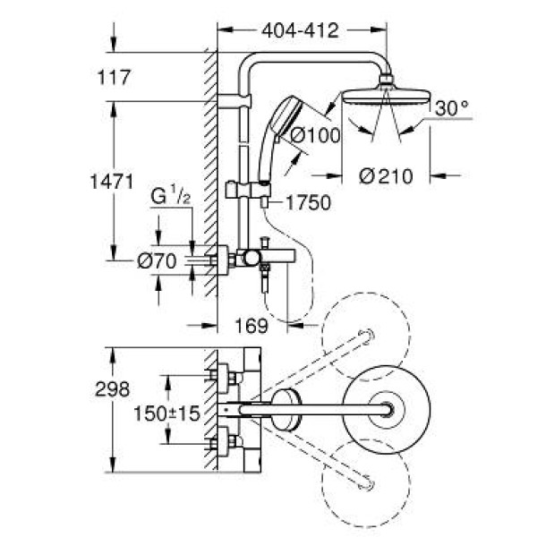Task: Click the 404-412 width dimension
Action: (x=301, y=32)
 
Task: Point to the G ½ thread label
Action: (x=170, y=220)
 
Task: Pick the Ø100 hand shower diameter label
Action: (x=312, y=136)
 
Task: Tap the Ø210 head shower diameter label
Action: (x=385, y=176)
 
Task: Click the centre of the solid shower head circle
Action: (x=386, y=409)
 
